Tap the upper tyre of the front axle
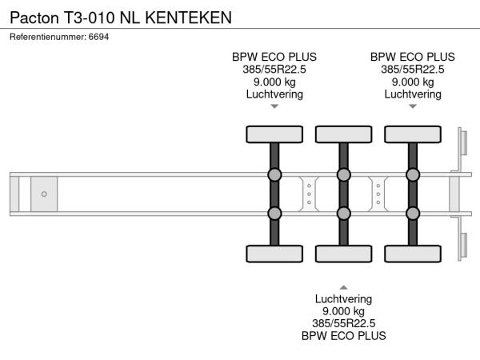(274, 134)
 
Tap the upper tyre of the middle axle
(343, 134)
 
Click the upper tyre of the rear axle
(413, 134)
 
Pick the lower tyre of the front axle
(274, 254)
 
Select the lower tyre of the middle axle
(343, 254)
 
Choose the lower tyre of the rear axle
(413, 254)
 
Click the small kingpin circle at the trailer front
(44, 194)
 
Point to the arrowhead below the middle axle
(343, 286)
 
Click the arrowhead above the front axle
(274, 106)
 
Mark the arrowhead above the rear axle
(413, 106)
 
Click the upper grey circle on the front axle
(274, 175)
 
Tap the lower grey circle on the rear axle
(413, 213)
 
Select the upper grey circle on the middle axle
(343, 175)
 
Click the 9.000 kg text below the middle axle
(343, 311)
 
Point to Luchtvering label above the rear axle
(413, 94)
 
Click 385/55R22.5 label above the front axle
(274, 69)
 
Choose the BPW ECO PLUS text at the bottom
(343, 336)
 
